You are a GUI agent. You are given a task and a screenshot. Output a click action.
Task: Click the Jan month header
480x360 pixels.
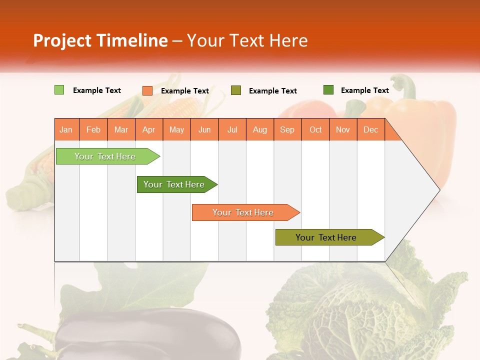66,129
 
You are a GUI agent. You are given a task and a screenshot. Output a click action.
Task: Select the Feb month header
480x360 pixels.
93,129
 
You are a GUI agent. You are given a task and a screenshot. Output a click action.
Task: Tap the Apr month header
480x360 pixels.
149,129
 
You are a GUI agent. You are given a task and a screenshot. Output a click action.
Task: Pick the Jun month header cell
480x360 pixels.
204,129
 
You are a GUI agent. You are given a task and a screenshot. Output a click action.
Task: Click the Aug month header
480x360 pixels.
260,129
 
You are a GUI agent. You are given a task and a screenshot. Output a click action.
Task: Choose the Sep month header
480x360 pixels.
287,129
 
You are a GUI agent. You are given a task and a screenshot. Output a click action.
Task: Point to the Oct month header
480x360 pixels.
315,129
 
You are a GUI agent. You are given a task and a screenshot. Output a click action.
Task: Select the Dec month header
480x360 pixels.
371,129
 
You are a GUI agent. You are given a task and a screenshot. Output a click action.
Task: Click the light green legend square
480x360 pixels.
59,90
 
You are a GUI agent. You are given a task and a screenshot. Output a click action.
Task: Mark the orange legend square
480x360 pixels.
147,90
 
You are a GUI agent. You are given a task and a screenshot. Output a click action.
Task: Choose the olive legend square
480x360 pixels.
236,90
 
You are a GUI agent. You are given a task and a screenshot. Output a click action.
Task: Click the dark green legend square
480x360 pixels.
328,90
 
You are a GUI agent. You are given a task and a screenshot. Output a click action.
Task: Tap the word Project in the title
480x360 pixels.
62,40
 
